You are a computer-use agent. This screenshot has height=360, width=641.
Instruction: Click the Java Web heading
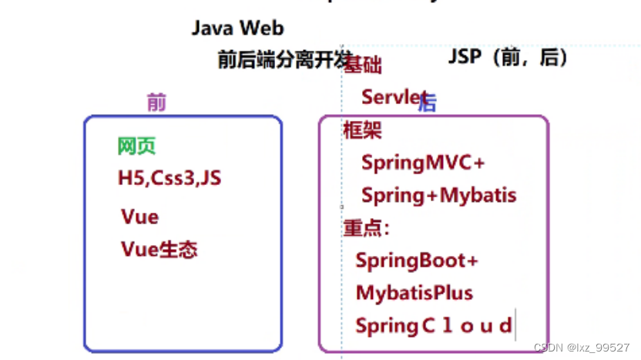tap(237, 29)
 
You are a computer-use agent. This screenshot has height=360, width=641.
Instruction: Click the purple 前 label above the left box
tap(156, 103)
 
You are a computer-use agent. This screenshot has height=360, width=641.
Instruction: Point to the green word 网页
tap(136, 146)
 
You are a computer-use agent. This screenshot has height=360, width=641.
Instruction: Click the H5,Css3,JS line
tap(169, 178)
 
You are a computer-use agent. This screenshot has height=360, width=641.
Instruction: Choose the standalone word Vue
tap(139, 217)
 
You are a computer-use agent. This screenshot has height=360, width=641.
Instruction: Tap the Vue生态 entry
tap(159, 250)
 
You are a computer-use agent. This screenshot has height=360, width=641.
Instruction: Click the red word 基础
tap(364, 66)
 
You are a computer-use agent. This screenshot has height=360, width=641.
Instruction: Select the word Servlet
tap(393, 97)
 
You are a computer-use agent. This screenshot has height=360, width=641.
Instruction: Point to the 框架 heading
tap(362, 130)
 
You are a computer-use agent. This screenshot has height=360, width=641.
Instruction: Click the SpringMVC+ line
tap(423, 163)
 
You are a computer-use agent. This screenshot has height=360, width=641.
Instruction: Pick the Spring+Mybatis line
tap(438, 196)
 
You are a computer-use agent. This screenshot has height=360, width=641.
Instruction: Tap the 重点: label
tap(366, 228)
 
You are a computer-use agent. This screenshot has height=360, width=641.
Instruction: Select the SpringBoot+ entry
tap(417, 261)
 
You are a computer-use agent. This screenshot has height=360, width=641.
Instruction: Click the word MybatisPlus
tap(414, 293)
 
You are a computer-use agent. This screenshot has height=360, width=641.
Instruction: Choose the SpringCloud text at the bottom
tap(433, 326)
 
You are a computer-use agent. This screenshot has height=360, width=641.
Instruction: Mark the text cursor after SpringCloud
tap(515, 325)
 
